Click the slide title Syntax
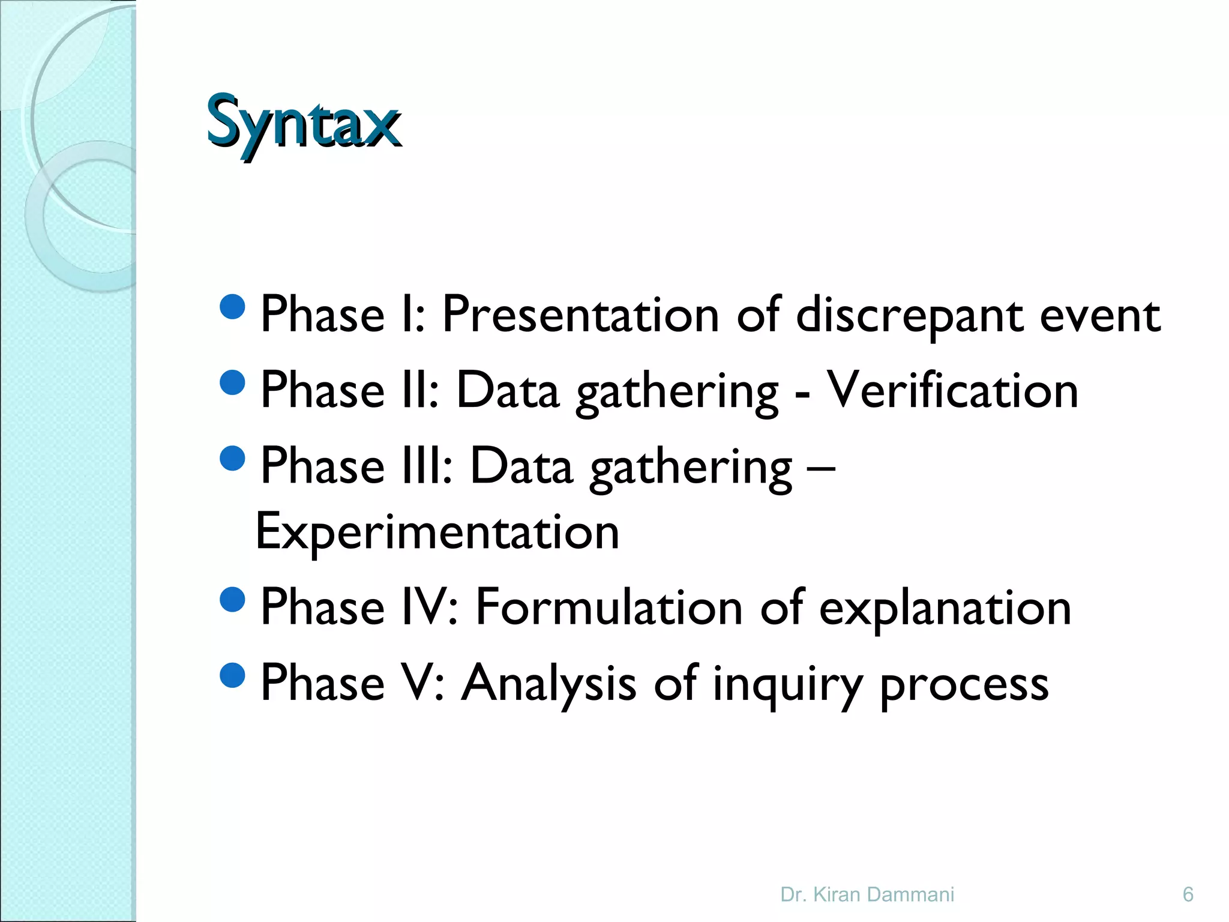click(304, 122)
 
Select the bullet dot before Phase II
click(233, 382)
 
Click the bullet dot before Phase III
click(233, 457)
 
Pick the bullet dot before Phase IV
click(233, 598)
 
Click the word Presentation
click(580, 315)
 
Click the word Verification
click(952, 390)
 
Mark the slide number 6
click(1188, 895)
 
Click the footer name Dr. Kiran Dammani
click(867, 895)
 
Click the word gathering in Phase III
click(691, 468)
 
